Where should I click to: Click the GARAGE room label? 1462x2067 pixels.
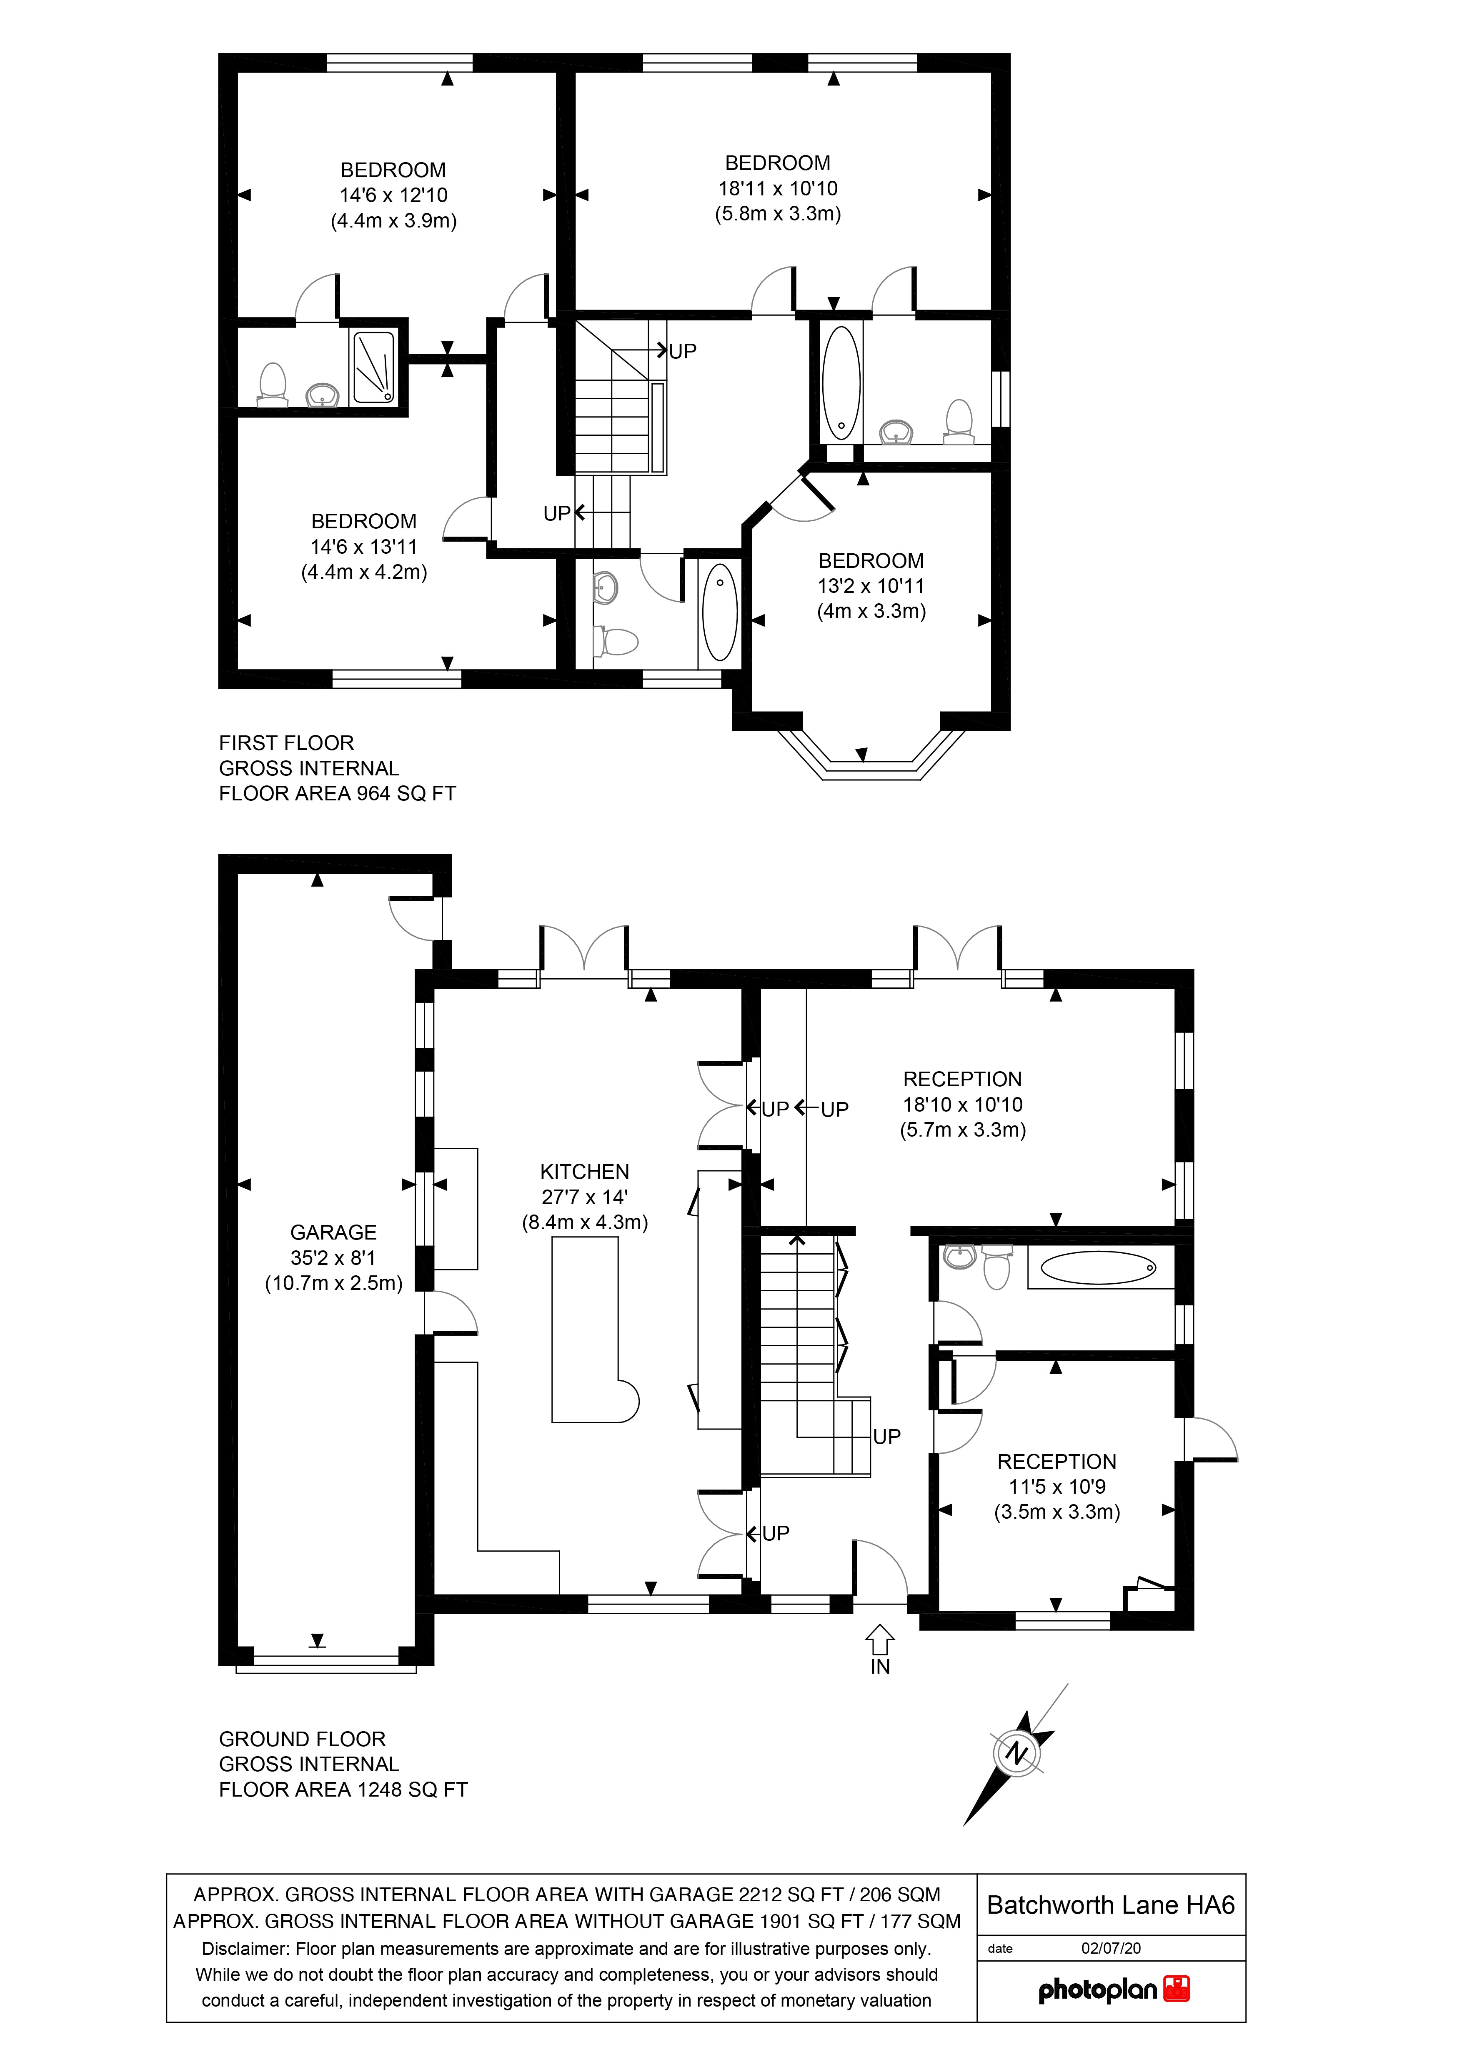point(333,1232)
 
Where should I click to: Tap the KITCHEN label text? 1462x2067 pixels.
point(584,1171)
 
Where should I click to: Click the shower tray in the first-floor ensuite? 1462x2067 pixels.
point(373,366)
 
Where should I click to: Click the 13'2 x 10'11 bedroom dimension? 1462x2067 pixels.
point(871,586)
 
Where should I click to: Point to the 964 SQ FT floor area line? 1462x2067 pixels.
point(338,793)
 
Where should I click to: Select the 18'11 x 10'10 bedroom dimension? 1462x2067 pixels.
point(778,188)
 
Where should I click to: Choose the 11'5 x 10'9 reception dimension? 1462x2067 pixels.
point(1057,1486)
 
